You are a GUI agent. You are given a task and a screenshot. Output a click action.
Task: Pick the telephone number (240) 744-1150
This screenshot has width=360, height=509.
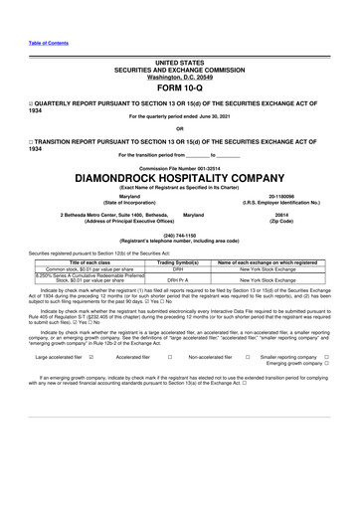(x=179, y=235)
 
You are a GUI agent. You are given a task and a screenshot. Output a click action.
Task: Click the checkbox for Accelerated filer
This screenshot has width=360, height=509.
(x=170, y=384)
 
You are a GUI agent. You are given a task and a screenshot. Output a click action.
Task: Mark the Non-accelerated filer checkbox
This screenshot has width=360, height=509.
(x=248, y=384)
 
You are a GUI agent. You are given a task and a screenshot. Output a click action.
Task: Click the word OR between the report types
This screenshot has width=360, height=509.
(x=179, y=127)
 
